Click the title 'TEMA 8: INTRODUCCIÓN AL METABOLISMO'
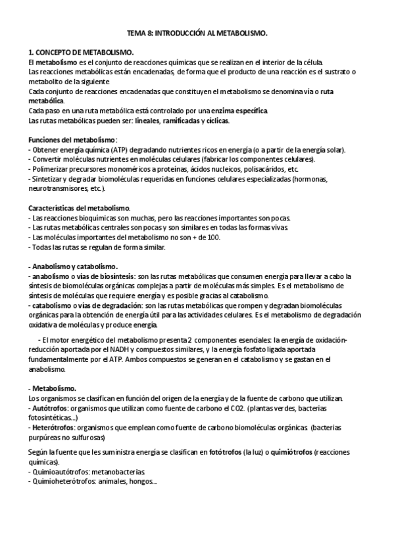pyautogui.click(x=197, y=32)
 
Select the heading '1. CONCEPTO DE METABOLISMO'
pyautogui.click(x=82, y=51)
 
